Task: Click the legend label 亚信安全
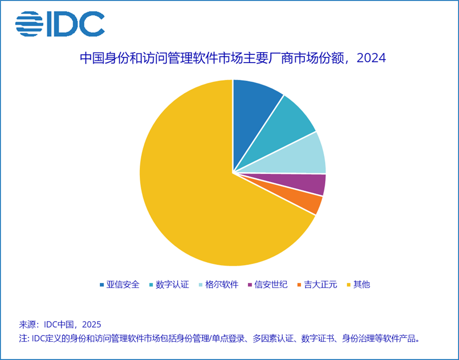(x=123, y=284)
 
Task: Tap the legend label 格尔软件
(x=222, y=284)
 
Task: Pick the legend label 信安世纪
(x=271, y=284)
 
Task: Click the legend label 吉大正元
(x=320, y=284)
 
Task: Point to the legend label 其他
(x=361, y=284)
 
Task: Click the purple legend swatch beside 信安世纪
(x=251, y=285)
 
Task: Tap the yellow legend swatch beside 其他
(x=348, y=285)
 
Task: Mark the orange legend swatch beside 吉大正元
(x=299, y=285)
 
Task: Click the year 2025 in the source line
(x=91, y=324)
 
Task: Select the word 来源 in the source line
(x=27, y=324)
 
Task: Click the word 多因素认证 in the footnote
(x=264, y=338)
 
